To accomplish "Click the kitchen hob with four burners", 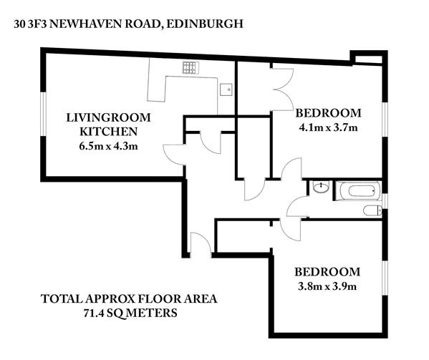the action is pos(191,67).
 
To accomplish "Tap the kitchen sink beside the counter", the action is pos(226,89).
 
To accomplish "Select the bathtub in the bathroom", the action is pos(358,191).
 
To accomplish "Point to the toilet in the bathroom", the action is pos(372,210).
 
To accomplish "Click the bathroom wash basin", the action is pos(320,188).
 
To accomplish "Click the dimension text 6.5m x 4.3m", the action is pos(108,146).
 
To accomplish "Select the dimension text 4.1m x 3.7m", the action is pos(328,127).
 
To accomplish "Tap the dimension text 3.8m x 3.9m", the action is pos(327,286).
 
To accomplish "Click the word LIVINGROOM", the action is pos(109,117).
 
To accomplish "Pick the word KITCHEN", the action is pos(109,132).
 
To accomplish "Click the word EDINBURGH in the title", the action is pos(205,24).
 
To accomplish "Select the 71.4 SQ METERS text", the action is pos(130,313).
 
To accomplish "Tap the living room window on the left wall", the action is pos(43,114).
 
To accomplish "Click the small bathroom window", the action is pos(385,201).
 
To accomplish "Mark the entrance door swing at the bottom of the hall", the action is pos(201,244).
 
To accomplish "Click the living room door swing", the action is pos(174,155).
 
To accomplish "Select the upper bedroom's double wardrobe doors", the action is pos(282,89).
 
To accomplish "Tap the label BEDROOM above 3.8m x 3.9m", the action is pos(327,272).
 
